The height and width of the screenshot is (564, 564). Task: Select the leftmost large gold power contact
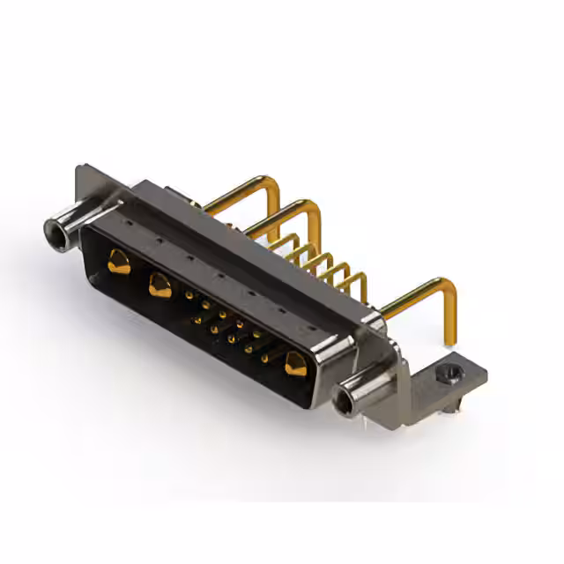tap(118, 261)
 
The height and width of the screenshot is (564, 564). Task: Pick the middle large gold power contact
tap(160, 285)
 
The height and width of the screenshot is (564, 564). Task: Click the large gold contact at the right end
tap(293, 362)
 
